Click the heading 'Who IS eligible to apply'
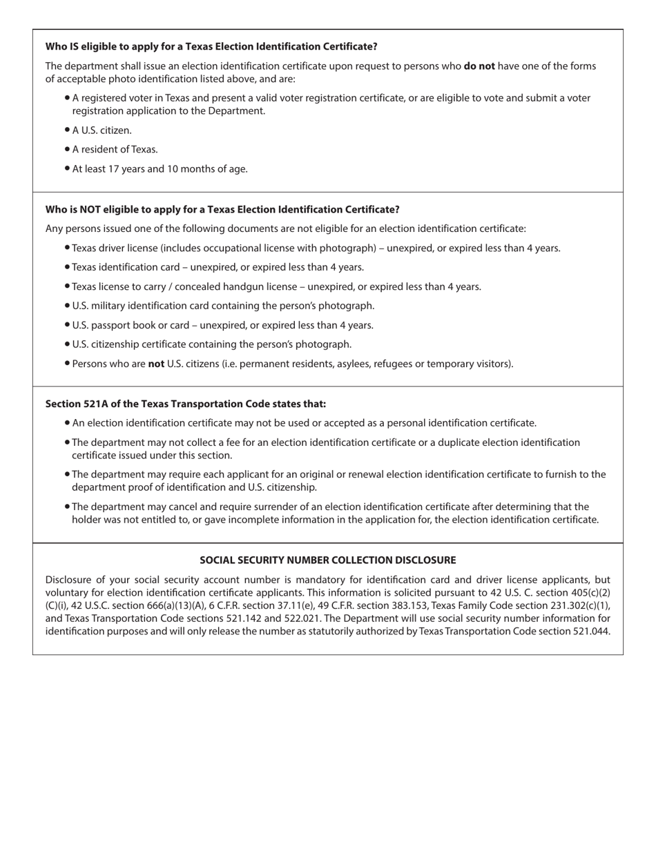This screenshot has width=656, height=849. coord(211,46)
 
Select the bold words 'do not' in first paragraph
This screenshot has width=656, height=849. coord(479,66)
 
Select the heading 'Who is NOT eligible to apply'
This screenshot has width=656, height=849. coord(222,209)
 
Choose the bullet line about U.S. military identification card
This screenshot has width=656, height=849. coord(223,306)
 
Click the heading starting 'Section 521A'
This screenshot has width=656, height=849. coord(186,404)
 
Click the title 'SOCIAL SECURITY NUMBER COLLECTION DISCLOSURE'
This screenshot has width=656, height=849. coord(327,560)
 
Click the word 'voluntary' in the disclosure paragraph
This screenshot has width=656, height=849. coord(69,593)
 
